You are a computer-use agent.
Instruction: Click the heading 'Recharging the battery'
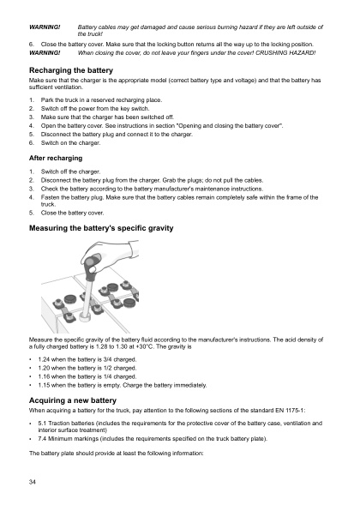click(70, 68)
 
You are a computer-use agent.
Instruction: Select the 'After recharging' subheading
click(57, 158)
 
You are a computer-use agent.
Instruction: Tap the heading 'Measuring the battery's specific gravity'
click(101, 229)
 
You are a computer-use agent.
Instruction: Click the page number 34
click(33, 484)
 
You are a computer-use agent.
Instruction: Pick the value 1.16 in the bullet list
click(46, 376)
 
